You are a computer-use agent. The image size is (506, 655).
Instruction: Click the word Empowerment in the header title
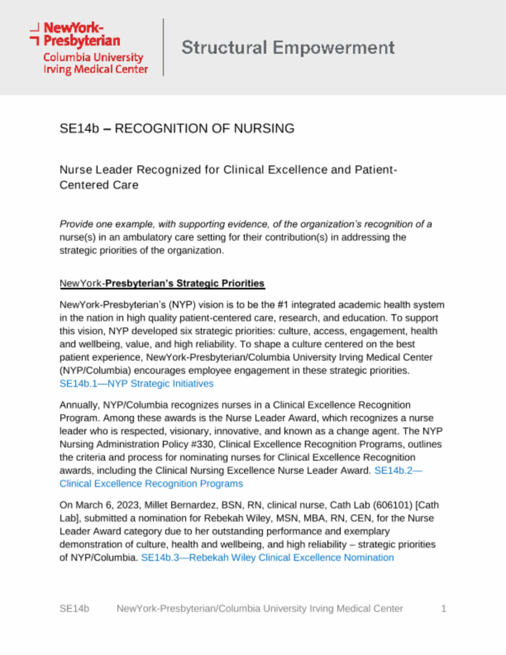pyautogui.click(x=334, y=48)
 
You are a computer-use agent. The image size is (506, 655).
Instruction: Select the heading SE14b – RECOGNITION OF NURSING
pyautogui.click(x=176, y=129)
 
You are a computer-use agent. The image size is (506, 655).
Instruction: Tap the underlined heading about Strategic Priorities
pyautogui.click(x=162, y=283)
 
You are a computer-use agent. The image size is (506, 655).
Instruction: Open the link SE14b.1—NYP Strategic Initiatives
pyautogui.click(x=136, y=384)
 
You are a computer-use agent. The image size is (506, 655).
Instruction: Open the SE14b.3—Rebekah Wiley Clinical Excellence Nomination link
pyautogui.click(x=267, y=558)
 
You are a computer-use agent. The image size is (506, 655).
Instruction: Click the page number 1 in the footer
pyautogui.click(x=443, y=609)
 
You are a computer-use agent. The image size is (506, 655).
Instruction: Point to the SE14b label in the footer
pyautogui.click(x=74, y=609)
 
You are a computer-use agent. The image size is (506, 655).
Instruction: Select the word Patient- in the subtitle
pyautogui.click(x=376, y=170)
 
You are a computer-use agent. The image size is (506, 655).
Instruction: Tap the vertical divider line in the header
pyautogui.click(x=163, y=47)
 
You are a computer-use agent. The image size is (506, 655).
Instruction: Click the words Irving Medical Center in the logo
pyautogui.click(x=95, y=69)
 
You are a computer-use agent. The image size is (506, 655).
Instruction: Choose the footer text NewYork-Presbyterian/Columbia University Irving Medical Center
pyautogui.click(x=259, y=609)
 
